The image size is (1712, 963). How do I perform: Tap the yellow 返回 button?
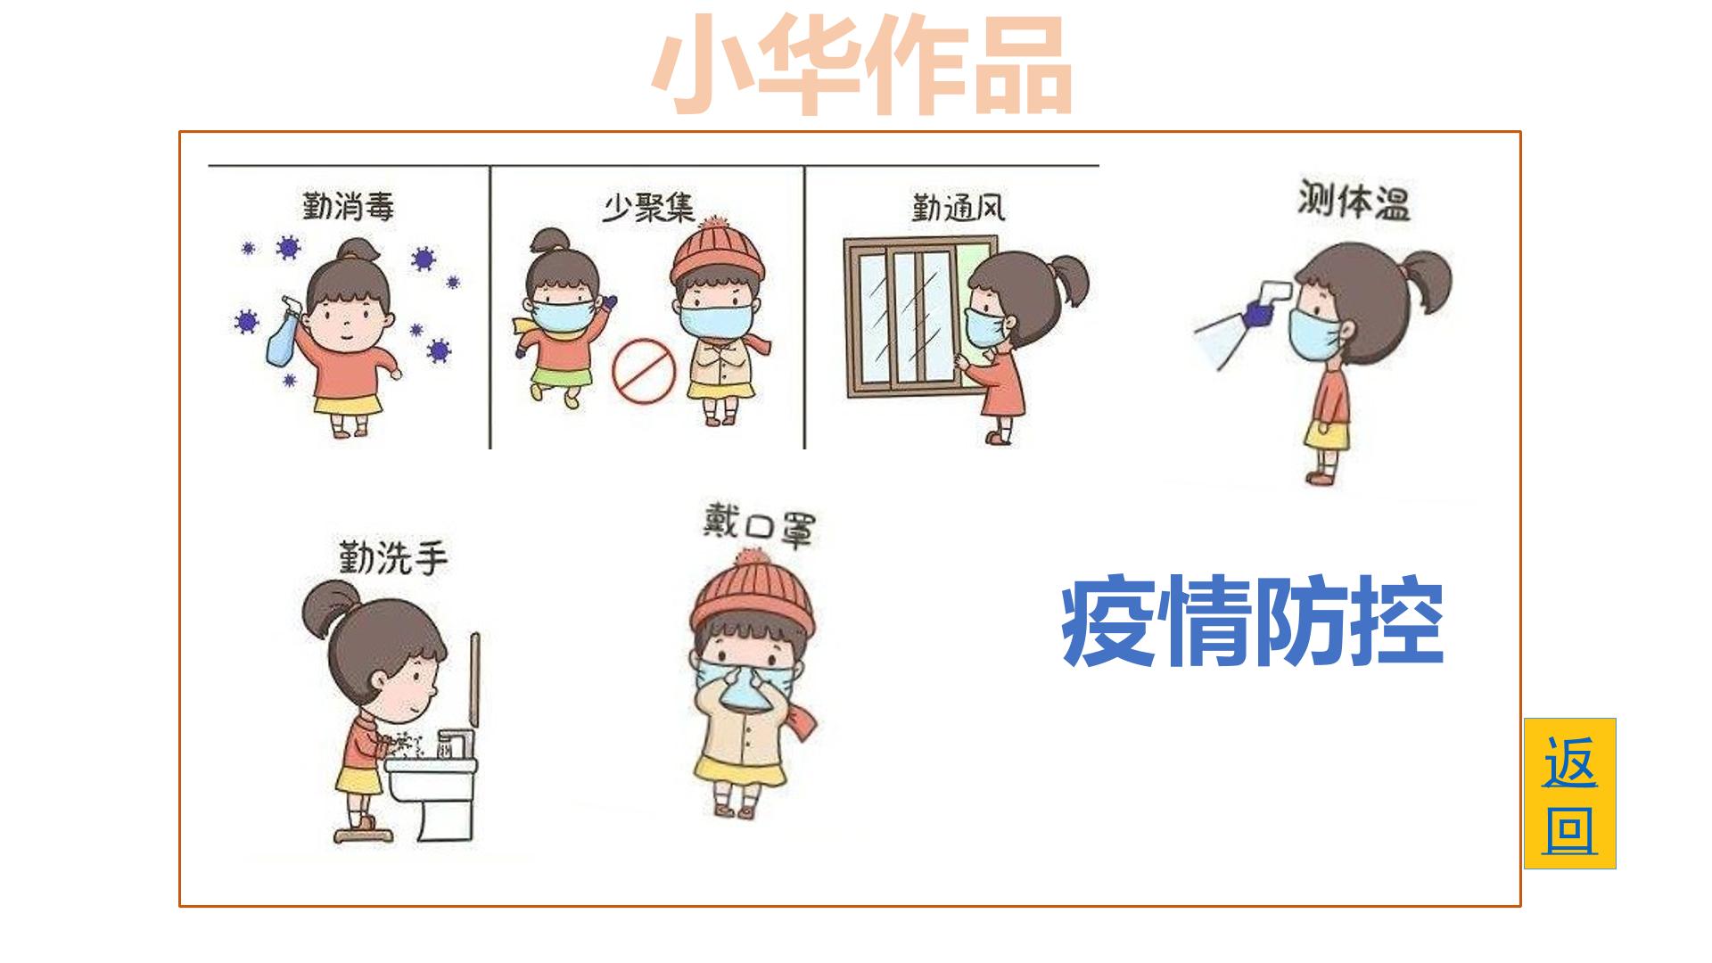pyautogui.click(x=1569, y=794)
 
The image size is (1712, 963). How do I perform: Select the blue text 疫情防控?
pyautogui.click(x=1252, y=621)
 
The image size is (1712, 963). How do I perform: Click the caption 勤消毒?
pyautogui.click(x=348, y=206)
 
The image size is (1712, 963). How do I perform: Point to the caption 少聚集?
pyautogui.click(x=648, y=208)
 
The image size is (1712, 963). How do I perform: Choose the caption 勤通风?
pyautogui.click(x=958, y=207)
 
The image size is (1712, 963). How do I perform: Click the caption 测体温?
pyautogui.click(x=1354, y=202)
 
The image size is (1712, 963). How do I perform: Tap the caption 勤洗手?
pyautogui.click(x=391, y=557)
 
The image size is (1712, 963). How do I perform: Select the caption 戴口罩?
pyautogui.click(x=758, y=525)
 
